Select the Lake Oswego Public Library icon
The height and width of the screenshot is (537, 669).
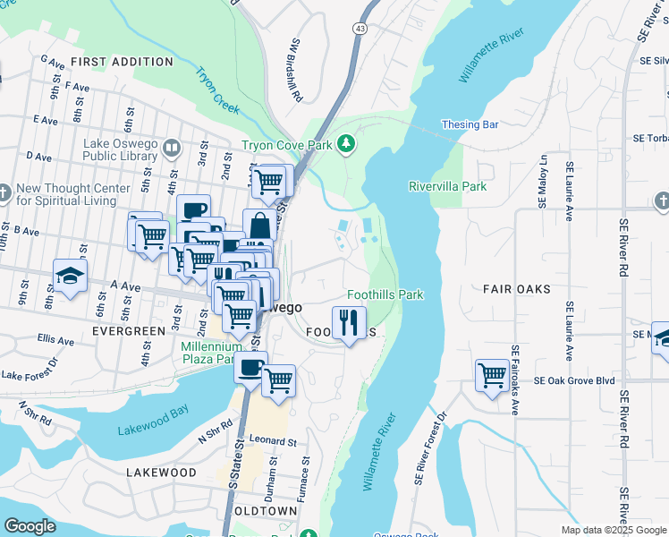pyautogui.click(x=172, y=147)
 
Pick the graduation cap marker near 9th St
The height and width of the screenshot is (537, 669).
pyautogui.click(x=70, y=277)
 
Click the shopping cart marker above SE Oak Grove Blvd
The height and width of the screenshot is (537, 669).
pyautogui.click(x=492, y=375)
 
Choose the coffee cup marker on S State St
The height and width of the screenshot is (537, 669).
pyautogui.click(x=250, y=366)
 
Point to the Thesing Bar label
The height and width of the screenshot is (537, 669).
pyautogui.click(x=470, y=125)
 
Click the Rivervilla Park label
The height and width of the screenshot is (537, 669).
pyautogui.click(x=447, y=187)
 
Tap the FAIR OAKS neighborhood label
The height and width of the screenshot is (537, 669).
pyautogui.click(x=516, y=289)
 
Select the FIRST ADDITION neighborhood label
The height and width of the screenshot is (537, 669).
pyautogui.click(x=122, y=62)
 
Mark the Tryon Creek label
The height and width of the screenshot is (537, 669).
pyautogui.click(x=218, y=91)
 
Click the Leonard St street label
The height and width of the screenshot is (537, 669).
pyautogui.click(x=273, y=441)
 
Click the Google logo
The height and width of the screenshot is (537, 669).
pyautogui.click(x=30, y=526)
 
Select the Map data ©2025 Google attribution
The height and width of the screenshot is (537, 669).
pyautogui.click(x=614, y=530)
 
